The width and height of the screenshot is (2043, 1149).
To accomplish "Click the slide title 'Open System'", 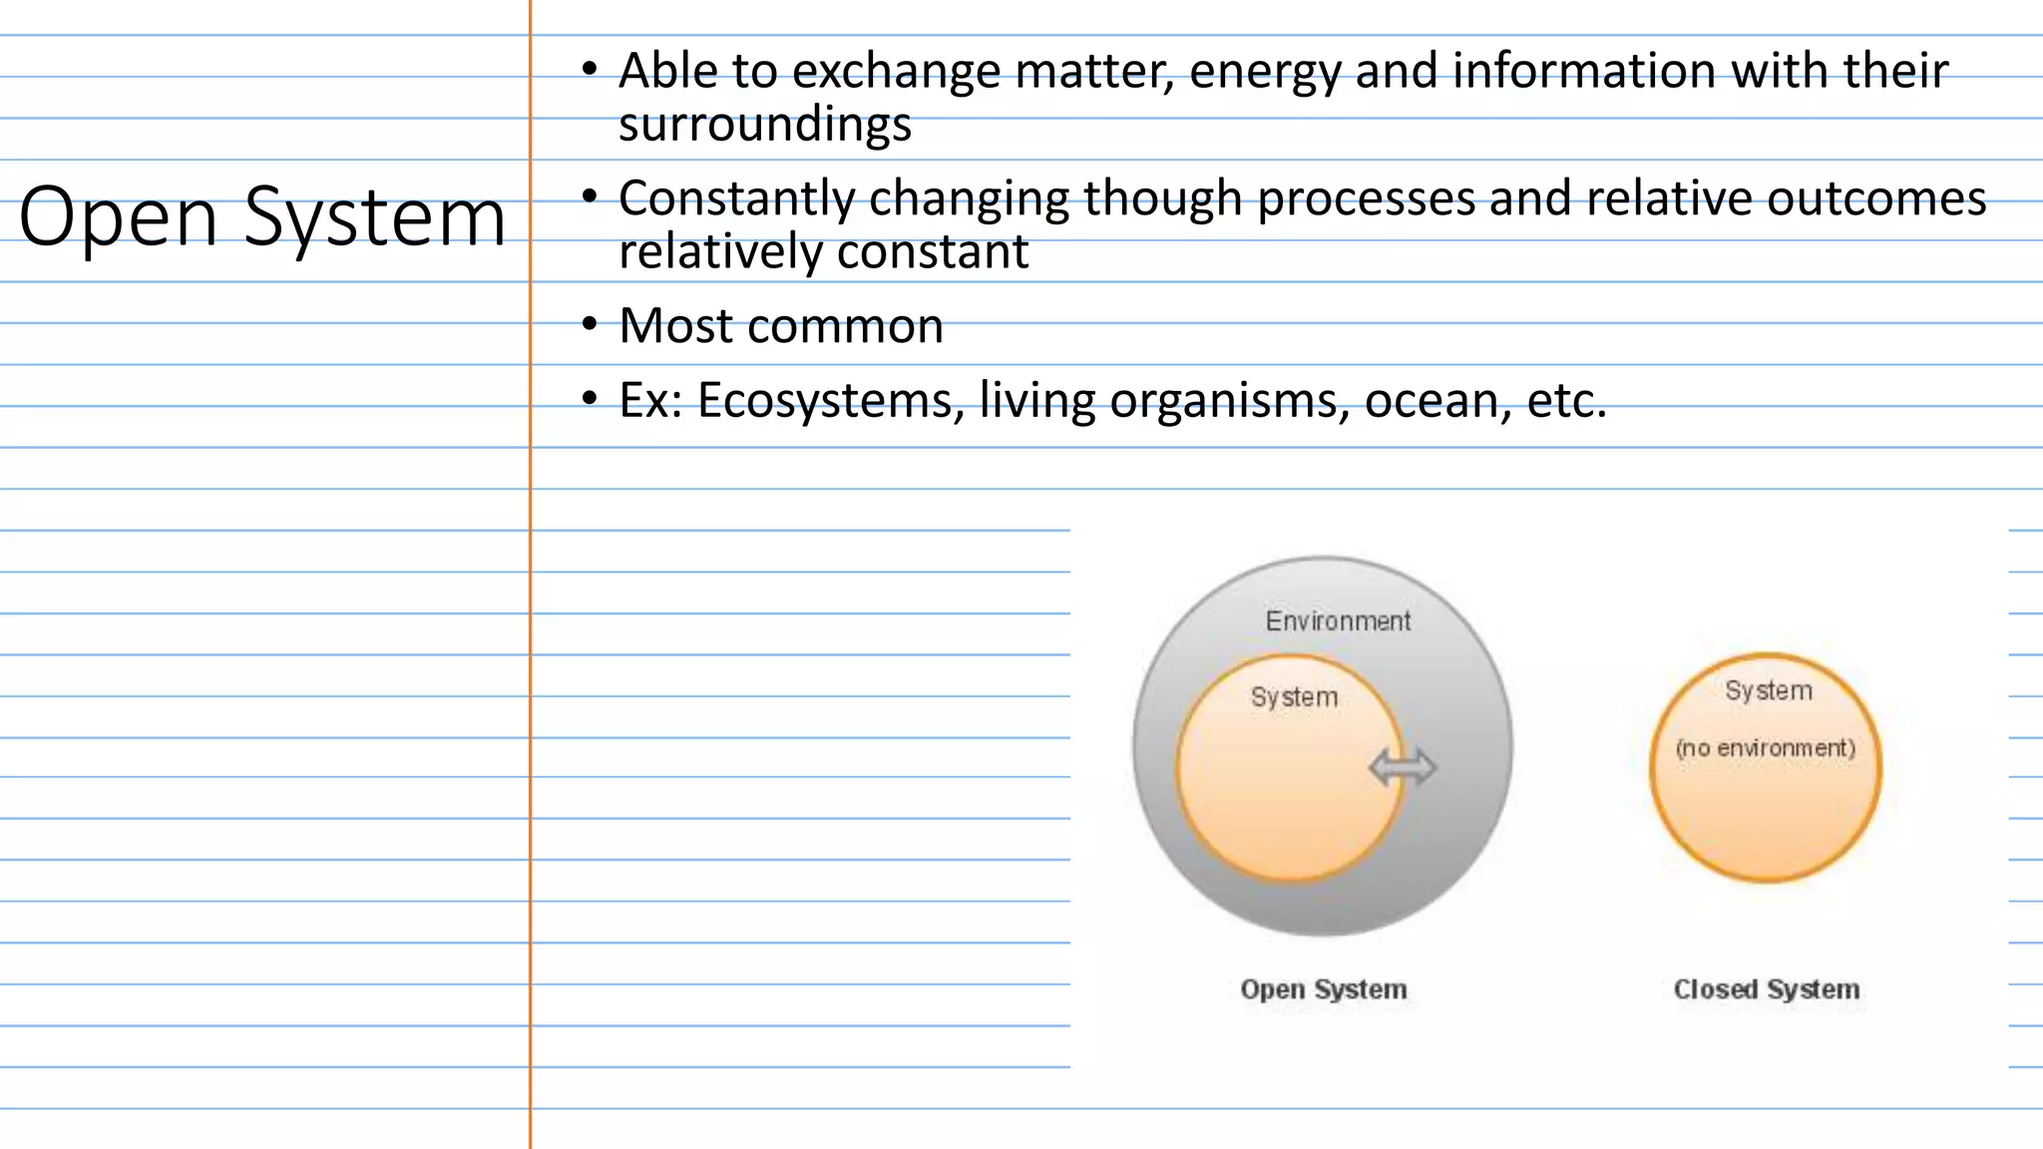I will click(x=262, y=217).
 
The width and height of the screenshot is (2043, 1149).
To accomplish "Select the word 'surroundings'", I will click(x=765, y=125).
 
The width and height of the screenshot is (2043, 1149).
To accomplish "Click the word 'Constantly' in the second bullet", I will click(x=736, y=198).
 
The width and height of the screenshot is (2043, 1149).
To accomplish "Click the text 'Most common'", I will click(x=781, y=326).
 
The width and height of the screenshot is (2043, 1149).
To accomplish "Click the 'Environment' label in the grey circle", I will click(x=1338, y=621).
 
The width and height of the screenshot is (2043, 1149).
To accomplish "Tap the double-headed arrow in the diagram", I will click(x=1403, y=767).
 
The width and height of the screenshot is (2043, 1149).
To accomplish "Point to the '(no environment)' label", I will click(x=1766, y=748).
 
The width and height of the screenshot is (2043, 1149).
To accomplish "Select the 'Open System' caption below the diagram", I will click(x=1324, y=989).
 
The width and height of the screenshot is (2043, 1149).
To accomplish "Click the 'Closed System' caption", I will click(x=1767, y=989).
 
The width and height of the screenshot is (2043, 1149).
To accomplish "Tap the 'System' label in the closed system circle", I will click(x=1769, y=690).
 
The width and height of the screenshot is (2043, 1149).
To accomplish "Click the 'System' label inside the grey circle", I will click(x=1294, y=697).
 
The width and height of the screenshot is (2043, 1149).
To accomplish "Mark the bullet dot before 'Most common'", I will click(x=591, y=324).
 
